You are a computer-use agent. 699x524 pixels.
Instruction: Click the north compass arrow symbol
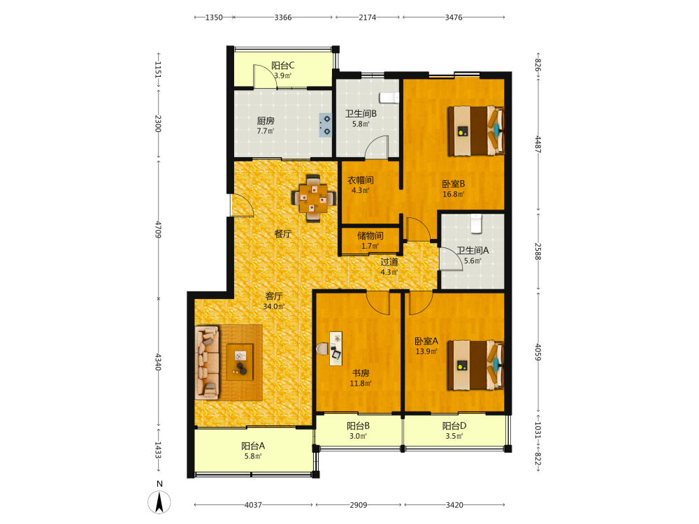159,502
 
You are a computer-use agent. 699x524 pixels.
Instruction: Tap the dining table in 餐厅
313,198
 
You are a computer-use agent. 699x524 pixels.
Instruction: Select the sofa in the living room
207,362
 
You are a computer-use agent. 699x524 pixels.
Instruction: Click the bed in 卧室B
476,131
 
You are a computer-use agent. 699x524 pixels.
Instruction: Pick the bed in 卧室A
476,365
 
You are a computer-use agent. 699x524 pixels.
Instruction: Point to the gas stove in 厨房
326,125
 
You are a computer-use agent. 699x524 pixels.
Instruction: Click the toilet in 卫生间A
477,224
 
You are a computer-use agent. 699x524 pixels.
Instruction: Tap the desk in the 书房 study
336,349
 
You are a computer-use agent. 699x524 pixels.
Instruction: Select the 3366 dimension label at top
283,17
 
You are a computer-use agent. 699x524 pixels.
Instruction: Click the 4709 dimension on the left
158,229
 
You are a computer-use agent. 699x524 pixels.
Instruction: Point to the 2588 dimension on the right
538,252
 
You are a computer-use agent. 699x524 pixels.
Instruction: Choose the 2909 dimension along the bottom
359,505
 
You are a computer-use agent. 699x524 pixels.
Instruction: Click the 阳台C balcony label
283,66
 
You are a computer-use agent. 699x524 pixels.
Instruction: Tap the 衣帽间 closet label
361,180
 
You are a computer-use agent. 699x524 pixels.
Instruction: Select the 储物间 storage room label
370,235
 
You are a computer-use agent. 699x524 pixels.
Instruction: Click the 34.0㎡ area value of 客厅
274,307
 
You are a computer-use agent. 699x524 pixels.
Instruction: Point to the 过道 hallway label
389,261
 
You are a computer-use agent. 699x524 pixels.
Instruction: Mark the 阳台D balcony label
454,426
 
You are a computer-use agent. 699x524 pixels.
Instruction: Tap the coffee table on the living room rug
240,362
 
